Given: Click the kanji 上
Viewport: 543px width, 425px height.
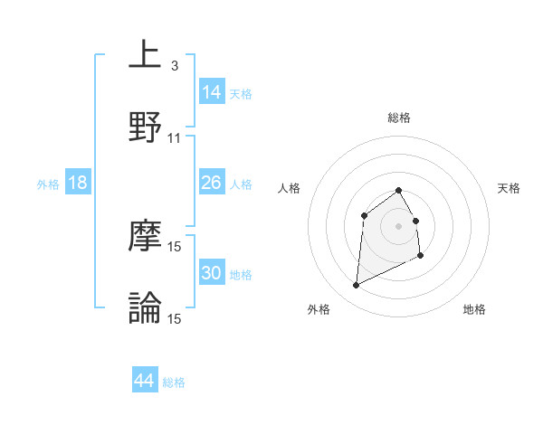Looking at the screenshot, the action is (145, 55).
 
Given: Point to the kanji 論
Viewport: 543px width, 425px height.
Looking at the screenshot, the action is (145, 307).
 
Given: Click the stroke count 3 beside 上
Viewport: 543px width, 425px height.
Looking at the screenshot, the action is (174, 66).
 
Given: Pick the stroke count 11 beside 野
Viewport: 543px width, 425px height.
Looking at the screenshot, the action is (175, 137).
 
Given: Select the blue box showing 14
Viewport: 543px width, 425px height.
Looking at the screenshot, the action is (211, 91).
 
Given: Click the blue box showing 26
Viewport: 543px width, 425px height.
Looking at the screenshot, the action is (211, 183).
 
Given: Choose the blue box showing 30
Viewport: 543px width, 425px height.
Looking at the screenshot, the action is (211, 273).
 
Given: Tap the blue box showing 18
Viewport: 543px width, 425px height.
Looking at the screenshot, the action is (78, 183).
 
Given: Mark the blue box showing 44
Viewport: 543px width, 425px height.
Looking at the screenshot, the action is (144, 381).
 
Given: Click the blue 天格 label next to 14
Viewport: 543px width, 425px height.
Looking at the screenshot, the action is (241, 94).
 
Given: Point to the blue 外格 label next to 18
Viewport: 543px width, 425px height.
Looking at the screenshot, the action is (48, 184).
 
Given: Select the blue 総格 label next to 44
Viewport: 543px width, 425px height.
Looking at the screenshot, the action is (174, 382).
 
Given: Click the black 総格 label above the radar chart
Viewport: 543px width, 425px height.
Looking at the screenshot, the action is (398, 118).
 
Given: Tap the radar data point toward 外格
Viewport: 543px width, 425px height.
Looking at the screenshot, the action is (356, 286).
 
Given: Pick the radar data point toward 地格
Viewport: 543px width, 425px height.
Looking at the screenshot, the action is (421, 256).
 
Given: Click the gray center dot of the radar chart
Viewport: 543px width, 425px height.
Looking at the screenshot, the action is (398, 225).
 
